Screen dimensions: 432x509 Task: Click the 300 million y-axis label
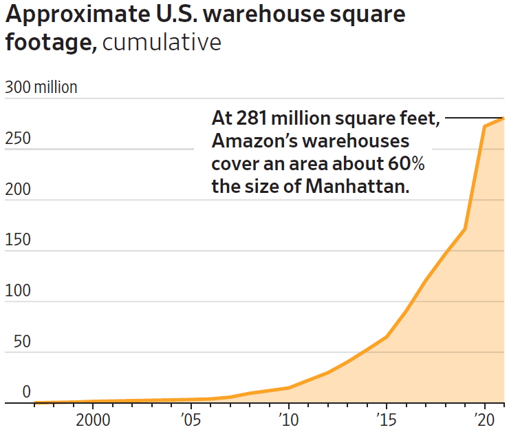(41, 88)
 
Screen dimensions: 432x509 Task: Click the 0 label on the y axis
(26, 392)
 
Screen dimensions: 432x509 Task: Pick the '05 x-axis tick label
(191, 420)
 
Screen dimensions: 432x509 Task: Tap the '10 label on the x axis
(288, 420)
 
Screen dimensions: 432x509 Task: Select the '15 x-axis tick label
(387, 420)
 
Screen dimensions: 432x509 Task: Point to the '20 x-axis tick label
(484, 420)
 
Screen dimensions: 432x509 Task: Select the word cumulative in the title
(162, 43)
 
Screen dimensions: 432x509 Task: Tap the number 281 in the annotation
(252, 119)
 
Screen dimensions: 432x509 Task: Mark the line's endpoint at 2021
(504, 119)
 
